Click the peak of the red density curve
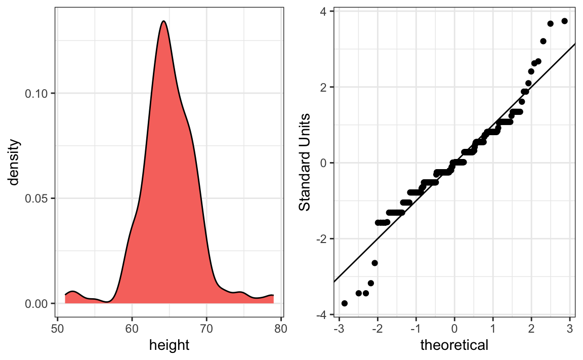163,21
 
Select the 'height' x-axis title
169,346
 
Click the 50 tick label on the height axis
58,328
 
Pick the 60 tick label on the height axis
132,328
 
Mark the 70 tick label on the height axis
206,328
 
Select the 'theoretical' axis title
454,346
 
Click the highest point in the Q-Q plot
565,21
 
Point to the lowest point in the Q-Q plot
345,303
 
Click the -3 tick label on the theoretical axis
338,328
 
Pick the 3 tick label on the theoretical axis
570,328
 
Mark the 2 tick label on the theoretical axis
531,328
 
